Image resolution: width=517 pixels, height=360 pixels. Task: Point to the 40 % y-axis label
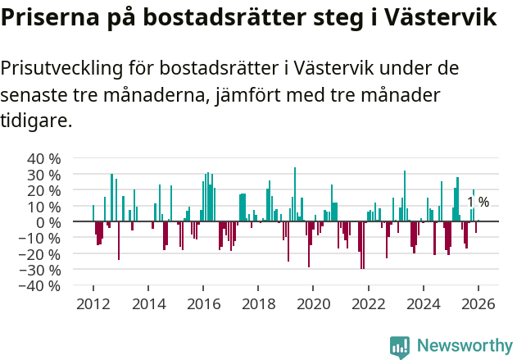pyautogui.click(x=44, y=158)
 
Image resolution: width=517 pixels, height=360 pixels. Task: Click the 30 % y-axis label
pyautogui.click(x=44, y=175)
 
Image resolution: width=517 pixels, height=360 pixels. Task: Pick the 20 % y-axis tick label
pyautogui.click(x=44, y=190)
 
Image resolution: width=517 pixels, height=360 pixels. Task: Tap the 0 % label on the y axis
pyautogui.click(x=48, y=222)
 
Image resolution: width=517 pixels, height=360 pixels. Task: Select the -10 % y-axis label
pyautogui.click(x=42, y=238)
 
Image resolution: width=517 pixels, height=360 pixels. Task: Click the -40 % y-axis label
pyautogui.click(x=42, y=286)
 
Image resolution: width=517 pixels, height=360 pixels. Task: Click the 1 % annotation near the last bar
pyautogui.click(x=478, y=202)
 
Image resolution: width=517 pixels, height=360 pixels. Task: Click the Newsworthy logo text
pyautogui.click(x=464, y=346)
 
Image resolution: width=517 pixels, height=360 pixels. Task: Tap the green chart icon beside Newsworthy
pyautogui.click(x=400, y=346)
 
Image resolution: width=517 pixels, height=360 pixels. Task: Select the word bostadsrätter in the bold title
pyautogui.click(x=234, y=18)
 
